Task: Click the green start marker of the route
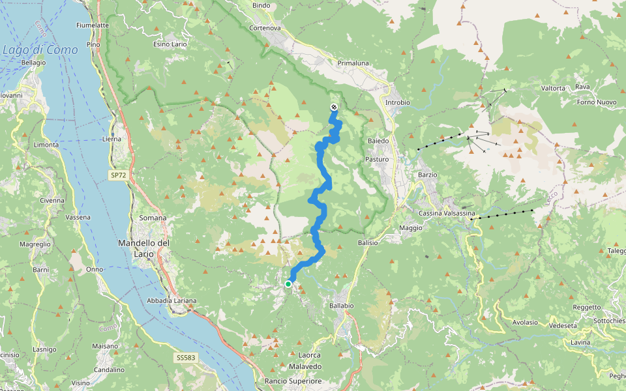288,283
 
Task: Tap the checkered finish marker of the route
334,107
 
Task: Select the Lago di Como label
40,50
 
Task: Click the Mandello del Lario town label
144,248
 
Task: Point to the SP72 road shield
118,176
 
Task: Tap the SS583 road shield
185,358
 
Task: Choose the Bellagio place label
33,63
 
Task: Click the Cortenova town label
265,28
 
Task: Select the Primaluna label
353,63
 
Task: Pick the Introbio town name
398,102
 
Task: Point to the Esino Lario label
170,44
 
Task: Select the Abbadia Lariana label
172,300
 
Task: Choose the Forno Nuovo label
597,102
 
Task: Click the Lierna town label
112,139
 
